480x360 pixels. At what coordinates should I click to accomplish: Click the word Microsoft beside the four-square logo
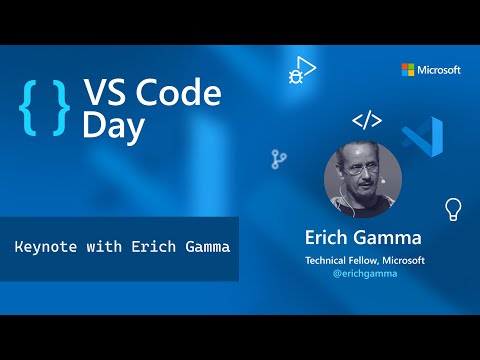pos(440,70)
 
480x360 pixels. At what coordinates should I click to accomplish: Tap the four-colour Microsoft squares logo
pos(408,70)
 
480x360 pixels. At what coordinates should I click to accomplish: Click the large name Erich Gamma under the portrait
pos(365,240)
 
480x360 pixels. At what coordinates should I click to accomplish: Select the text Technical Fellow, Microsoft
pos(365,260)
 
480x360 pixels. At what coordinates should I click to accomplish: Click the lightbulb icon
pos(453,208)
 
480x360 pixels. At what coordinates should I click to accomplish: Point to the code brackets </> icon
pos(367,122)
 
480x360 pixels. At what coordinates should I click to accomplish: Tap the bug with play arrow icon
pos(300,70)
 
